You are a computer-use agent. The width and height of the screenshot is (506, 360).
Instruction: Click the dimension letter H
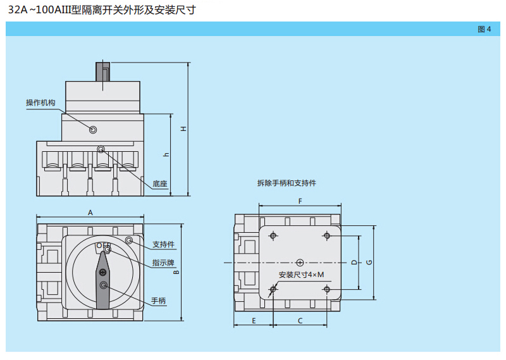[183, 129]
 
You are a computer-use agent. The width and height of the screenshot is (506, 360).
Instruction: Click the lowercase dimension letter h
[166, 154]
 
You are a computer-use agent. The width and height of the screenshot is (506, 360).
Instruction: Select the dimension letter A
[90, 213]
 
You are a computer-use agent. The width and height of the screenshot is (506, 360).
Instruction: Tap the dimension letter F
[300, 201]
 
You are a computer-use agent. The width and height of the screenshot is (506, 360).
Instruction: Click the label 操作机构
[40, 103]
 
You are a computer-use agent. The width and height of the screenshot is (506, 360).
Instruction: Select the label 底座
[159, 185]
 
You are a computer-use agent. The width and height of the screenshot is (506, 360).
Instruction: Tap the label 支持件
[163, 244]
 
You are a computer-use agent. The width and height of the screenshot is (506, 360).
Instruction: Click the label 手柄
[158, 301]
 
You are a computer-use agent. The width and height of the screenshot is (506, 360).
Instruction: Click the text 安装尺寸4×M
[301, 275]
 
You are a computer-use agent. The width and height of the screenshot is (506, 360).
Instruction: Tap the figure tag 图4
[484, 29]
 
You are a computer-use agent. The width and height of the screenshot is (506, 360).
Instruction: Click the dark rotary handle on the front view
[103, 278]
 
